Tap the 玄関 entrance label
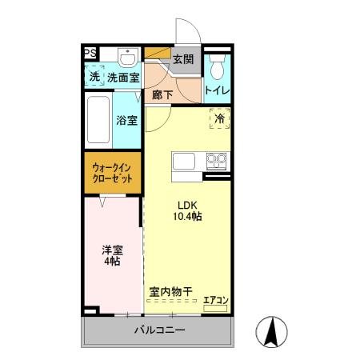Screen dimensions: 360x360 (183, 59)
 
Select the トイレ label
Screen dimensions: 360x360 (218, 90)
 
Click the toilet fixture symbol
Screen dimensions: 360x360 (217, 63)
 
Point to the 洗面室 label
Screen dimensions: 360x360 (124, 78)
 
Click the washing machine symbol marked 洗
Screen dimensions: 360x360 (94, 77)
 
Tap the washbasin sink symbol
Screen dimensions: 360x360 (127, 57)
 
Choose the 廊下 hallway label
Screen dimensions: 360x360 (163, 94)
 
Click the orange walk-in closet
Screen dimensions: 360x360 (113, 171)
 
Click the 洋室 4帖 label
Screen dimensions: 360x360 (111, 254)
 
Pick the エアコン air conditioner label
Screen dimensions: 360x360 (216, 301)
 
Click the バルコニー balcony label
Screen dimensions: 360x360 (158, 330)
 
